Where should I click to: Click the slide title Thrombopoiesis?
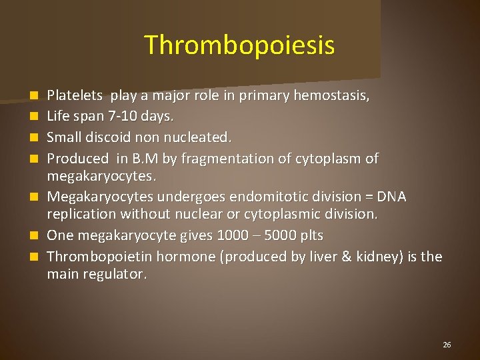click(239, 45)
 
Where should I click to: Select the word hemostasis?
click(335, 96)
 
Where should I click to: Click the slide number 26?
click(447, 345)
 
